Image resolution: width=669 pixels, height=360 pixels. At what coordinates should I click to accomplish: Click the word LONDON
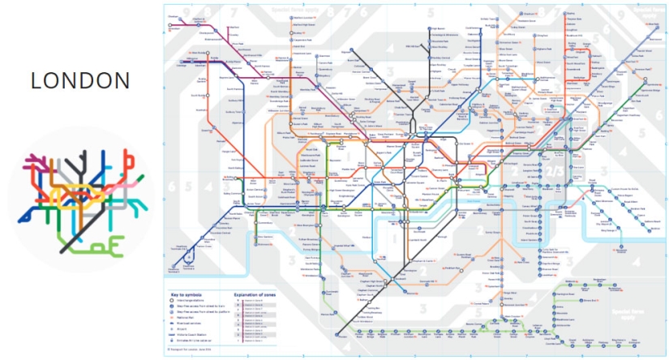[79, 81]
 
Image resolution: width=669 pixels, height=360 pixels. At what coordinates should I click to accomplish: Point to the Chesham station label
[174, 15]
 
